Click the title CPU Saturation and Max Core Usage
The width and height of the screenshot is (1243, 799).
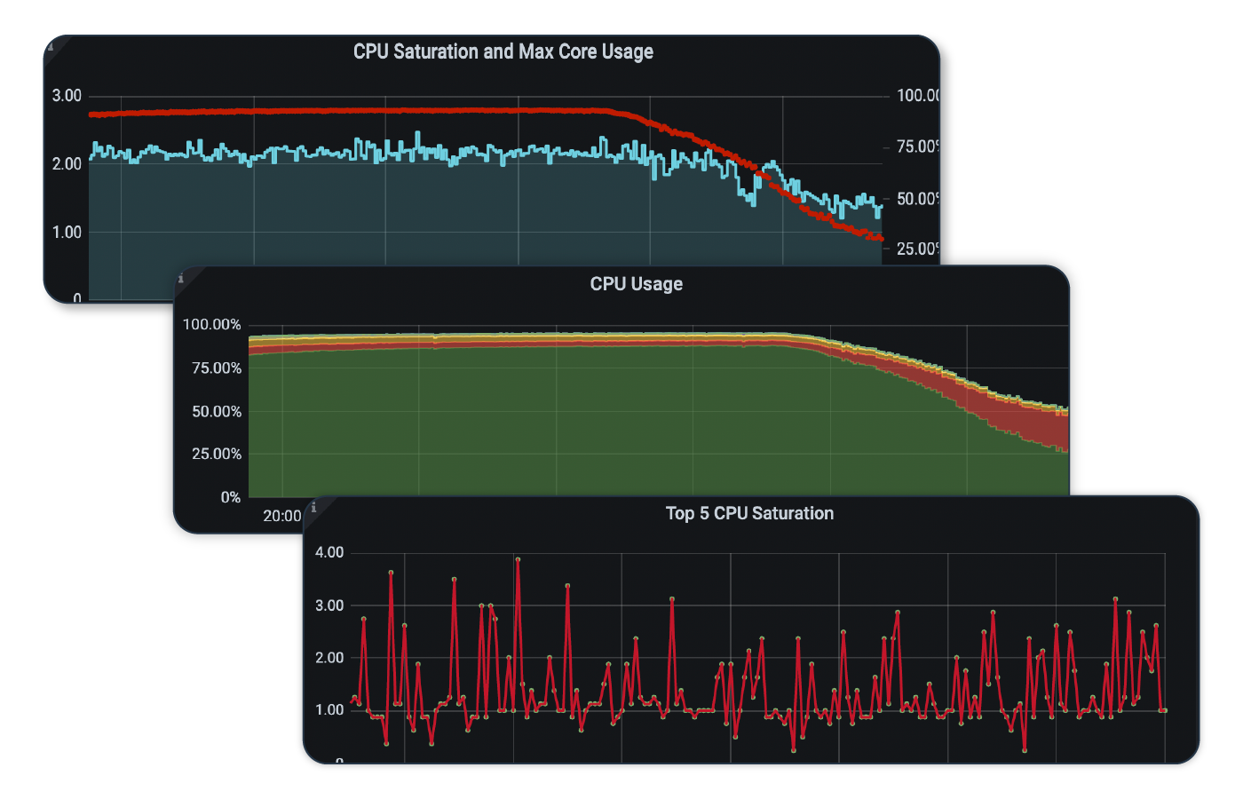pyautogui.click(x=503, y=51)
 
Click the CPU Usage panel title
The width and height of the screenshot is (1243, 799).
pyautogui.click(x=636, y=284)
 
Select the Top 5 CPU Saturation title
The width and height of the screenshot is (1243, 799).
pyautogui.click(x=749, y=513)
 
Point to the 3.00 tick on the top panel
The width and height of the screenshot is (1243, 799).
pyautogui.click(x=67, y=96)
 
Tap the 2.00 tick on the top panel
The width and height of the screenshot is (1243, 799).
pyautogui.click(x=67, y=164)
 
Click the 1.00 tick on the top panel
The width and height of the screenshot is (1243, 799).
pyautogui.click(x=67, y=233)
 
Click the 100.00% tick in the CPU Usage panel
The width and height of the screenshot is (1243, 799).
pyautogui.click(x=211, y=325)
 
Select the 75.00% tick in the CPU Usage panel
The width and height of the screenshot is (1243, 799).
pyautogui.click(x=216, y=368)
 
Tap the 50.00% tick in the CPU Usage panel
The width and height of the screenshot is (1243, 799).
pyautogui.click(x=216, y=412)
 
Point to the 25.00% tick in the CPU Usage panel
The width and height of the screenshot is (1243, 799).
pyautogui.click(x=216, y=455)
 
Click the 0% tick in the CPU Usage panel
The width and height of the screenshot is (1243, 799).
pyautogui.click(x=230, y=498)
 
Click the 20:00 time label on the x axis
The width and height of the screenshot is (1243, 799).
pyautogui.click(x=281, y=516)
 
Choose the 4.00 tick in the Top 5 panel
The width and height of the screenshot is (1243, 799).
pyautogui.click(x=329, y=552)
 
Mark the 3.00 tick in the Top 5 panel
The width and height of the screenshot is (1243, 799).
pyautogui.click(x=329, y=605)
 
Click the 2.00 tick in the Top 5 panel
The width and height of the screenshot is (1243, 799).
pyautogui.click(x=329, y=658)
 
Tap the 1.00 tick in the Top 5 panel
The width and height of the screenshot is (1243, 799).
pyautogui.click(x=329, y=710)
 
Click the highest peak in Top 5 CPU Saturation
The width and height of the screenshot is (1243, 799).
pyautogui.click(x=518, y=559)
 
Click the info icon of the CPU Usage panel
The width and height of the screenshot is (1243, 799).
pyautogui.click(x=181, y=279)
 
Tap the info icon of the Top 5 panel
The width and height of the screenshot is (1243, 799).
pyautogui.click(x=313, y=508)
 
